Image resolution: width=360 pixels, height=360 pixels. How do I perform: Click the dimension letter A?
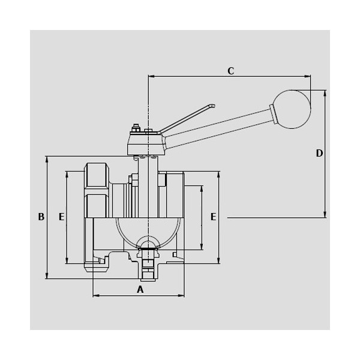pyautogui.click(x=140, y=290)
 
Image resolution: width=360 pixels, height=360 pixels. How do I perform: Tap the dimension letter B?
pyautogui.click(x=41, y=217)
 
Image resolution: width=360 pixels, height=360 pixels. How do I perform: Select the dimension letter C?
pyautogui.click(x=231, y=71)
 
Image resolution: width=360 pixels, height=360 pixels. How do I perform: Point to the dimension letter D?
pyautogui.click(x=319, y=153)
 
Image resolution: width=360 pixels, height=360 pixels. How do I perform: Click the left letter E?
pyautogui.click(x=62, y=217)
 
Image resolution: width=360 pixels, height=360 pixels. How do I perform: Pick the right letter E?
pyautogui.click(x=213, y=217)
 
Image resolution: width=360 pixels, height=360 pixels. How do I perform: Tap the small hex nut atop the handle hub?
pyautogui.click(x=136, y=128)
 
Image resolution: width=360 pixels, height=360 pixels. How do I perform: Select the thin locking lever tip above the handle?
pyautogui.click(x=212, y=106)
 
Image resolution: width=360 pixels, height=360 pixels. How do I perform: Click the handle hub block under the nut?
pyautogui.click(x=146, y=144)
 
